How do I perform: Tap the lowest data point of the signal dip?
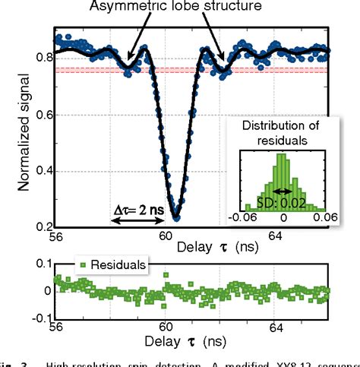[x=176, y=217]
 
